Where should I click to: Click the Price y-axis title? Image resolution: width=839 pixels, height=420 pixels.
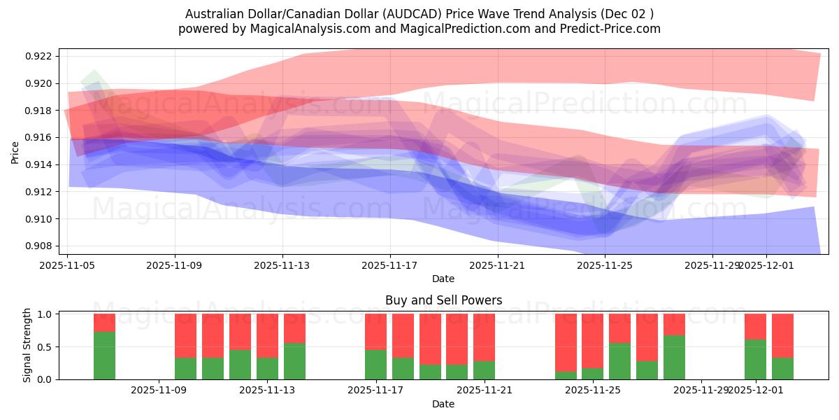click(x=15, y=151)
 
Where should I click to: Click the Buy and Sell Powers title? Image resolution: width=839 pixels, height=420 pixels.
click(x=443, y=300)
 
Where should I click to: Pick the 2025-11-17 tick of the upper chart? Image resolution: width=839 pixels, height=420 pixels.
click(x=389, y=265)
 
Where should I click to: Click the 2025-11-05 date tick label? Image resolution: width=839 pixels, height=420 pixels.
click(x=67, y=265)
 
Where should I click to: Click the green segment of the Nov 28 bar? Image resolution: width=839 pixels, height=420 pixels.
click(x=674, y=357)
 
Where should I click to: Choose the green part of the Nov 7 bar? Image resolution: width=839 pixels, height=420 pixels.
click(x=104, y=355)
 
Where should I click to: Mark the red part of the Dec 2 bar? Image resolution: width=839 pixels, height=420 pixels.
click(x=782, y=335)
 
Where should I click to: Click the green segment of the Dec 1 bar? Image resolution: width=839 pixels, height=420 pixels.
click(x=755, y=359)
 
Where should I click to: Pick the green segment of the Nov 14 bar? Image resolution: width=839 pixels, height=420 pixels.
click(x=294, y=361)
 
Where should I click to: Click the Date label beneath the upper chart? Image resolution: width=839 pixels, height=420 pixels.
click(x=443, y=279)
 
